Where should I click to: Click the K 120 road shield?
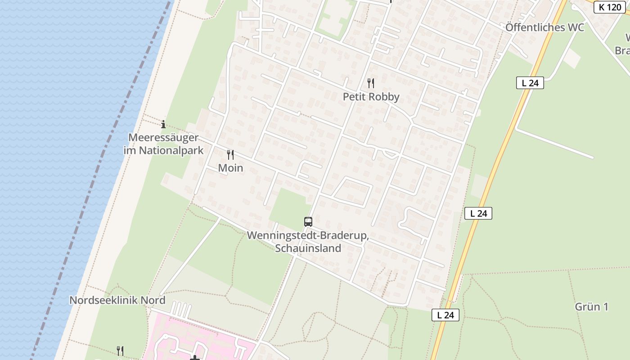pos(610,7)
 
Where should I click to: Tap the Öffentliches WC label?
pos(544,27)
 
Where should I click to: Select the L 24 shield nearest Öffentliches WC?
pos(530,83)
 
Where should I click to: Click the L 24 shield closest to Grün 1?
pos(445,315)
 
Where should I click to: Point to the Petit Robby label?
pos(371,97)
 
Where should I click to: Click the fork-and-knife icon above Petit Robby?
pos(371,83)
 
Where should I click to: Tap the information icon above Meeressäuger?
pos(163,124)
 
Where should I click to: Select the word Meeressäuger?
pos(163,137)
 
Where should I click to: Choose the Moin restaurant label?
pos(230,168)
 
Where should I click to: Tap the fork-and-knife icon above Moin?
pos(230,155)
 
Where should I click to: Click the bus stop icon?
pos(308,221)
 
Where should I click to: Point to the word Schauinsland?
pos(308,248)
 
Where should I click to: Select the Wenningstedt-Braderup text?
pos(308,236)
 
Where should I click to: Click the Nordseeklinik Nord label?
pos(117,300)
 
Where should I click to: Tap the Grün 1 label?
pos(591,307)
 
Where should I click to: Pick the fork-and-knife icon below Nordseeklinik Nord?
pos(120,351)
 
